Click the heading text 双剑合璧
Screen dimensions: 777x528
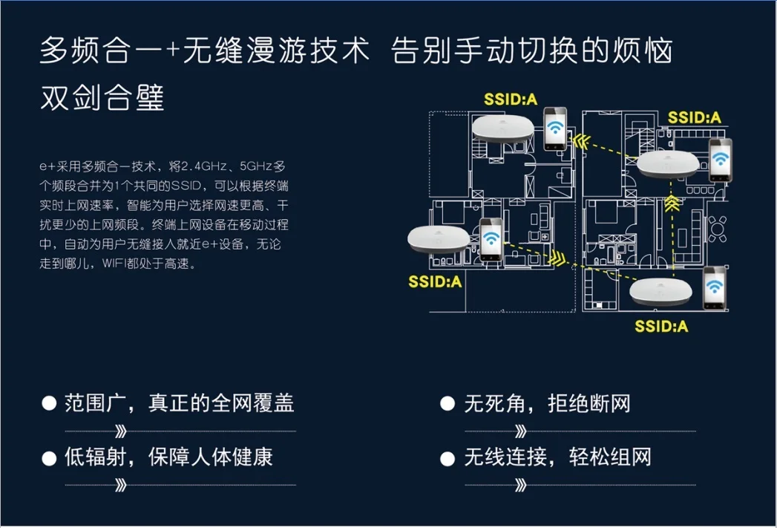click(x=102, y=97)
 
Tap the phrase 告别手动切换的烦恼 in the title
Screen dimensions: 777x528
click(x=531, y=50)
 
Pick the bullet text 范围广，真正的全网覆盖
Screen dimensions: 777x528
click(x=180, y=403)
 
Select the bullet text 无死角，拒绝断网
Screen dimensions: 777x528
click(x=548, y=403)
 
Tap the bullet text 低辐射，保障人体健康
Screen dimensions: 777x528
click(x=168, y=457)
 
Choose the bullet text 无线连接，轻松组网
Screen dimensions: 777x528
click(x=558, y=457)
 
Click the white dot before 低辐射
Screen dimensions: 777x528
click(x=49, y=459)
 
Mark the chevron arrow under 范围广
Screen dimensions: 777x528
click(x=121, y=431)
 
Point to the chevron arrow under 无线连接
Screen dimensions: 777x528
click(x=521, y=485)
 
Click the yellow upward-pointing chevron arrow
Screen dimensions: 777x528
click(x=672, y=203)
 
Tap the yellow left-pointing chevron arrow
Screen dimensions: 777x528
click(x=581, y=142)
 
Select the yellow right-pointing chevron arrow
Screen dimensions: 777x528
click(x=557, y=258)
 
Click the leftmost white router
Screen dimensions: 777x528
click(x=439, y=239)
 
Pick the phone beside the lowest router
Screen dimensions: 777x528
click(x=715, y=288)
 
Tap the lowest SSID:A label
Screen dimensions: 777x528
click(x=661, y=326)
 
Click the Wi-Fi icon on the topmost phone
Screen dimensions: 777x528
click(x=556, y=127)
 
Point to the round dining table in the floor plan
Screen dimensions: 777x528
click(x=717, y=229)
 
